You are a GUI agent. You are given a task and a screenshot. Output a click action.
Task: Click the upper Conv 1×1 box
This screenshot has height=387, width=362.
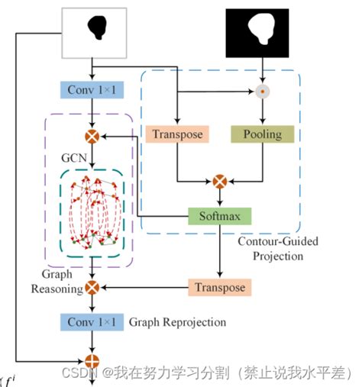[92, 91]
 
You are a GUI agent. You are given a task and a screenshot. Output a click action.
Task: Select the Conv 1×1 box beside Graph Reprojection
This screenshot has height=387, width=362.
[92, 322]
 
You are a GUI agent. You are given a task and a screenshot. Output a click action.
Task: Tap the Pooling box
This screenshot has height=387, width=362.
[262, 134]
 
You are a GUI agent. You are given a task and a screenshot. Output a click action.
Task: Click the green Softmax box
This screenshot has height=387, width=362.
[221, 216]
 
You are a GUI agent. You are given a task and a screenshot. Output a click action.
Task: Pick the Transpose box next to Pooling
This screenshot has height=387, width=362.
[178, 134]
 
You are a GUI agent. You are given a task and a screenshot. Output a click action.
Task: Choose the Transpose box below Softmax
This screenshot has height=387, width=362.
[219, 288]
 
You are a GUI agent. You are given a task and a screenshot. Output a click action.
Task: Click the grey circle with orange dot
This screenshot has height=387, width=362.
[262, 91]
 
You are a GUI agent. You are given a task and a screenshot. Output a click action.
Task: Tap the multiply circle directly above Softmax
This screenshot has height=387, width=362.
[221, 182]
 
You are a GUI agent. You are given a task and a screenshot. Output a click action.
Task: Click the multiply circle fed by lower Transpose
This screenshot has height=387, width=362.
[92, 288]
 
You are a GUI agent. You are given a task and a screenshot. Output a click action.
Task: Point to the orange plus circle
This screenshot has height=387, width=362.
[92, 360]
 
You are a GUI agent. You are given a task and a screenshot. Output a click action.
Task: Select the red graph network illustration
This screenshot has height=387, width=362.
[92, 214]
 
